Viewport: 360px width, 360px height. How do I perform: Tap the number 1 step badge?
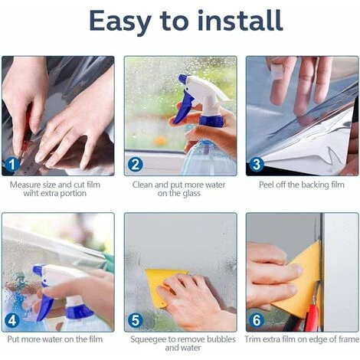(x=11, y=163)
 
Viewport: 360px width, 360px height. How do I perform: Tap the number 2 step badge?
(x=135, y=163)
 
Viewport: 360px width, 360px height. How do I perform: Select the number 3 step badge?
(x=257, y=163)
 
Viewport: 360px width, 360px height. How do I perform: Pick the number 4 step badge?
(x=11, y=320)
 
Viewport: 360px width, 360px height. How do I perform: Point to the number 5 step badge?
(x=135, y=320)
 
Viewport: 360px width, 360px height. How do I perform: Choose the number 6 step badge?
(x=257, y=320)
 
